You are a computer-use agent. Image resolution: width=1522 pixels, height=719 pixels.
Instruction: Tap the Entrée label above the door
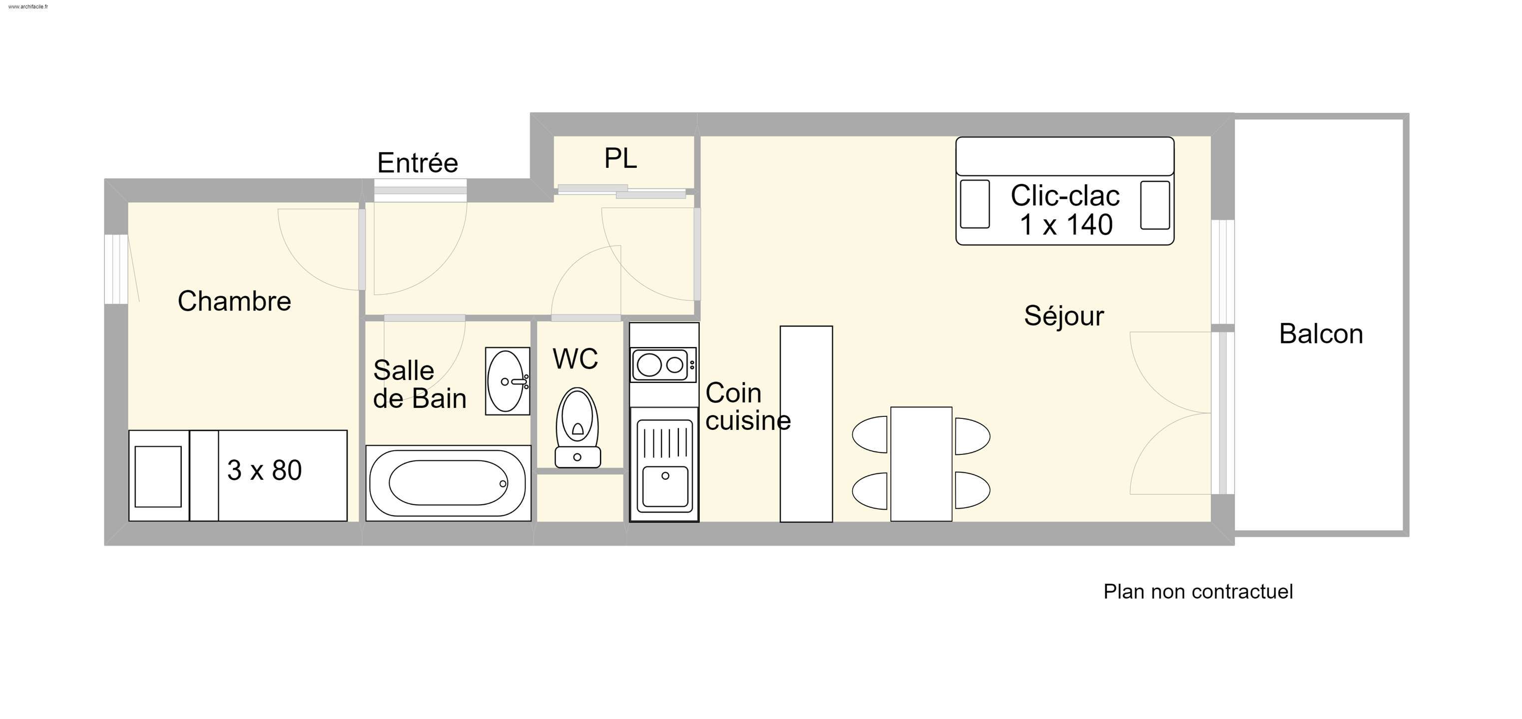[417, 163]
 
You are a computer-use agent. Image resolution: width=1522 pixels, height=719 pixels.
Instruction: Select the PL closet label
[620, 158]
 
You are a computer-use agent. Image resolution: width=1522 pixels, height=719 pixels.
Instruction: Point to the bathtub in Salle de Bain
[448, 483]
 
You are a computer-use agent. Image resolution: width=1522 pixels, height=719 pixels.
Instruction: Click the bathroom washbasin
[507, 381]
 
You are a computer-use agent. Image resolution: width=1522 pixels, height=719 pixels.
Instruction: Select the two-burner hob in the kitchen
[663, 364]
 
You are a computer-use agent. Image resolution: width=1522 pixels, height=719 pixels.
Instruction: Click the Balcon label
[1321, 335]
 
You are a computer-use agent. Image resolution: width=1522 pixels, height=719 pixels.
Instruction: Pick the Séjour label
[1063, 316]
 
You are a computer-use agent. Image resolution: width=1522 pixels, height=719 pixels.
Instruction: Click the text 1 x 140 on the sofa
[1066, 225]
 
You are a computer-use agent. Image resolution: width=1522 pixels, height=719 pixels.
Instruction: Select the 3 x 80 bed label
[264, 471]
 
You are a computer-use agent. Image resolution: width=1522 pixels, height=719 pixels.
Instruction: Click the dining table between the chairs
[921, 464]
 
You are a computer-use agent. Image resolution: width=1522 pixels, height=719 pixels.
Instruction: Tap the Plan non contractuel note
[1198, 591]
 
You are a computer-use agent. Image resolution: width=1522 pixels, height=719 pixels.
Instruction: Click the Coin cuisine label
[747, 406]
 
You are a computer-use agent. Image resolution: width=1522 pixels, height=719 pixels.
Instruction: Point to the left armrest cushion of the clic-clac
[975, 204]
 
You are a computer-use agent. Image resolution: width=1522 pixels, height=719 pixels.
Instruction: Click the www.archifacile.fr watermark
[28, 6]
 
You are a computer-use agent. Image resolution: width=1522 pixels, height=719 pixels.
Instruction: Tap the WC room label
[575, 359]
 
